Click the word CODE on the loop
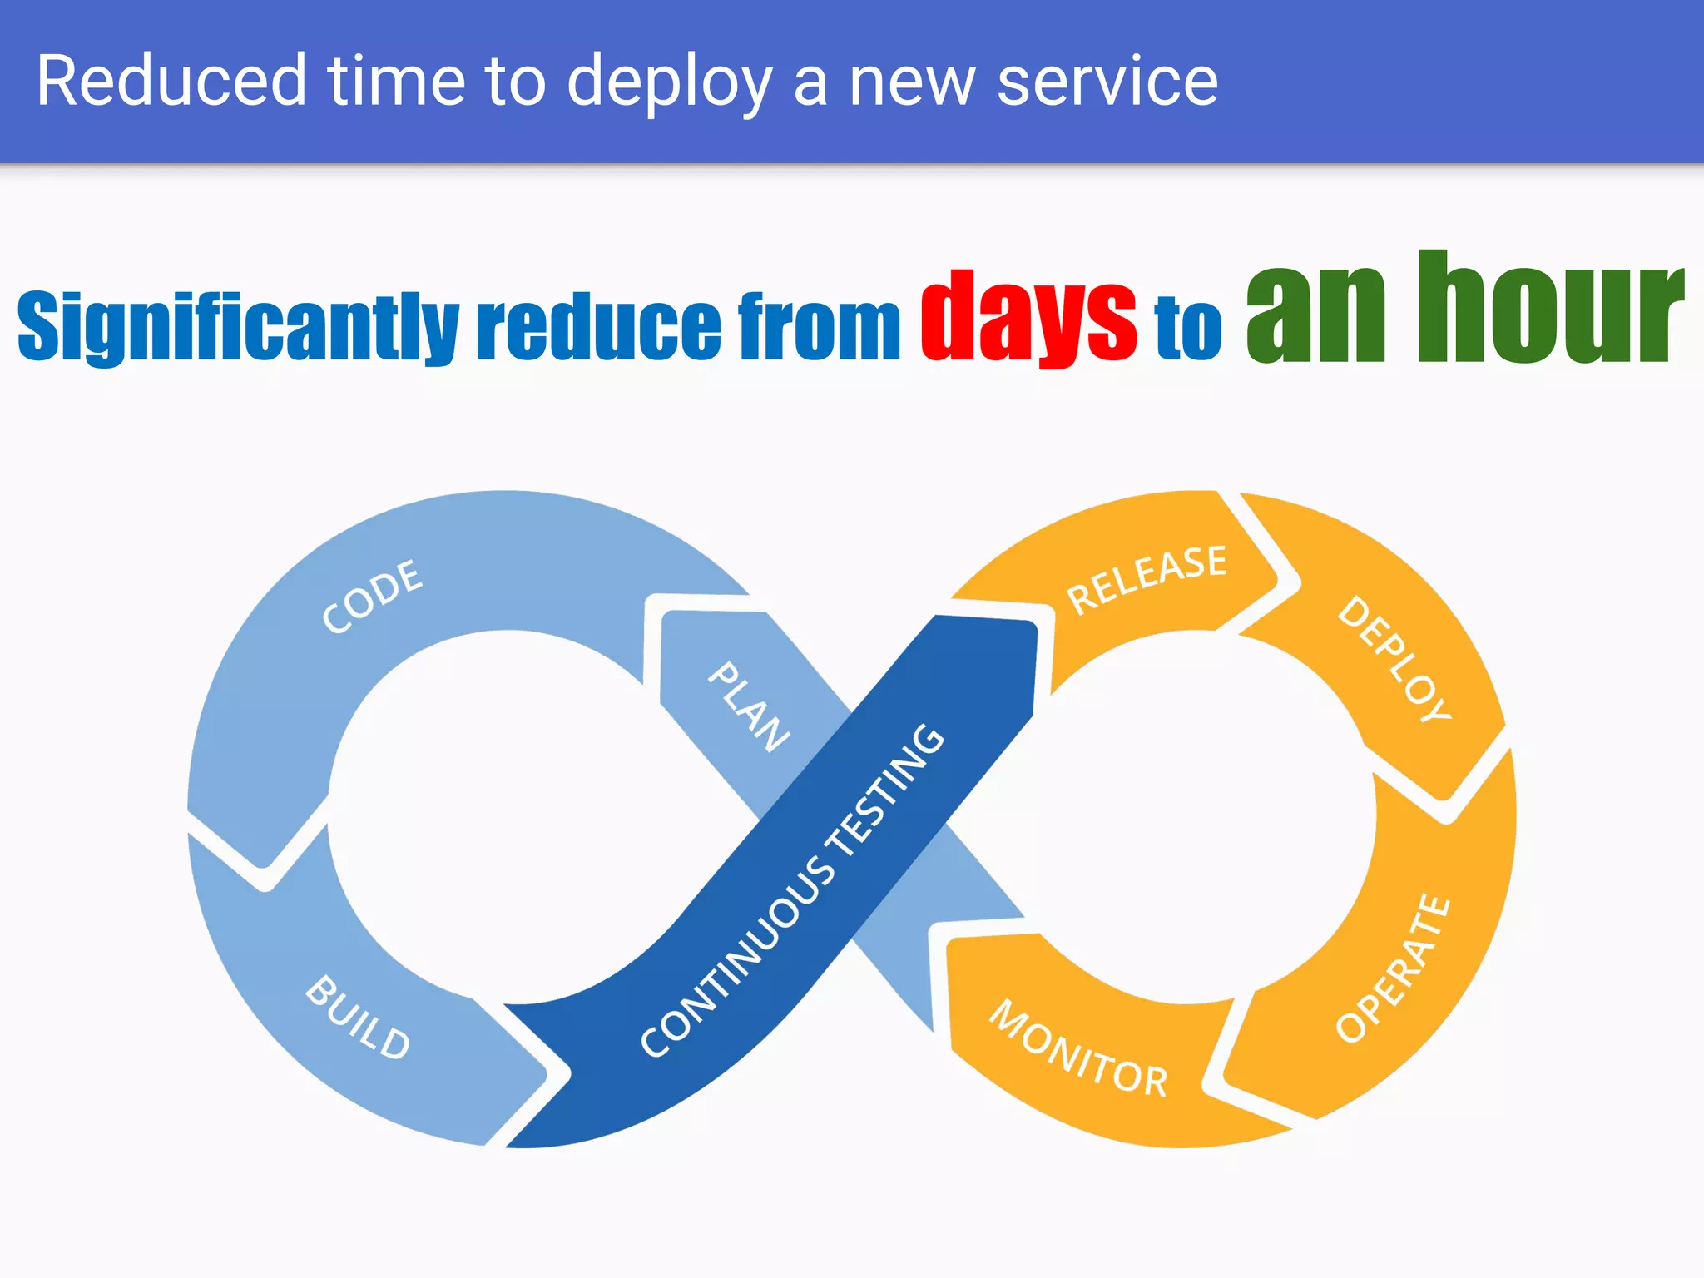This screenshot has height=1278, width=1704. click(372, 597)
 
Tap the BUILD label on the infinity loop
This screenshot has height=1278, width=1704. click(359, 1017)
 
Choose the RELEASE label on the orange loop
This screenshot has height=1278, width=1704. click(1147, 579)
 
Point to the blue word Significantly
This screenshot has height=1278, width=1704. click(238, 327)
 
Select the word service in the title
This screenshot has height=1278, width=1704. click(1107, 81)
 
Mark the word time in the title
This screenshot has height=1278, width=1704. click(396, 81)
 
